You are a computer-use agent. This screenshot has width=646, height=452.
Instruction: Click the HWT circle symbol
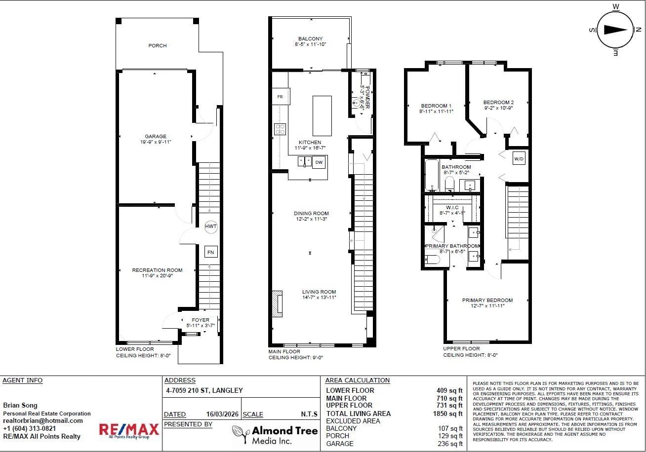(x=211, y=226)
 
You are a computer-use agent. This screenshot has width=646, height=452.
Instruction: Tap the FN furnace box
(x=211, y=252)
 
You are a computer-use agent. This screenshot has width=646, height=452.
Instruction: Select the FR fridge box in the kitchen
(x=280, y=97)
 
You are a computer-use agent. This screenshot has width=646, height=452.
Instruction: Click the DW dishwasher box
(x=319, y=162)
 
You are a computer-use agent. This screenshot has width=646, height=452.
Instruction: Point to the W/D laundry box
(x=519, y=159)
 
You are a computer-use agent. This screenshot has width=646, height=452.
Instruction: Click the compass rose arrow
(x=615, y=30)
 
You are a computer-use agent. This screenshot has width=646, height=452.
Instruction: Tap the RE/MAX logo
(x=129, y=430)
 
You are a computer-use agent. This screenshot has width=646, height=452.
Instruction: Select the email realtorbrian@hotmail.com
(x=43, y=420)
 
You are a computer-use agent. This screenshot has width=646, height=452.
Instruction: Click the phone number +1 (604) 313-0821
(x=29, y=428)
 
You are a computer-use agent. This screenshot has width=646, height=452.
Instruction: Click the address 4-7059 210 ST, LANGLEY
(x=204, y=390)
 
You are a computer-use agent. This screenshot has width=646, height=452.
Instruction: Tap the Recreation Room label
(x=157, y=270)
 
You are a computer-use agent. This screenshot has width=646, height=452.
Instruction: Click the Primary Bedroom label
(x=487, y=300)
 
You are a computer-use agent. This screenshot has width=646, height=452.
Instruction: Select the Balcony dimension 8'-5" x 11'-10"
(x=310, y=44)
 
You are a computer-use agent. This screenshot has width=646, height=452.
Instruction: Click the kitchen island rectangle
(x=322, y=116)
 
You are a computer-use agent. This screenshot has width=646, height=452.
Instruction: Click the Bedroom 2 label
(x=498, y=102)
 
